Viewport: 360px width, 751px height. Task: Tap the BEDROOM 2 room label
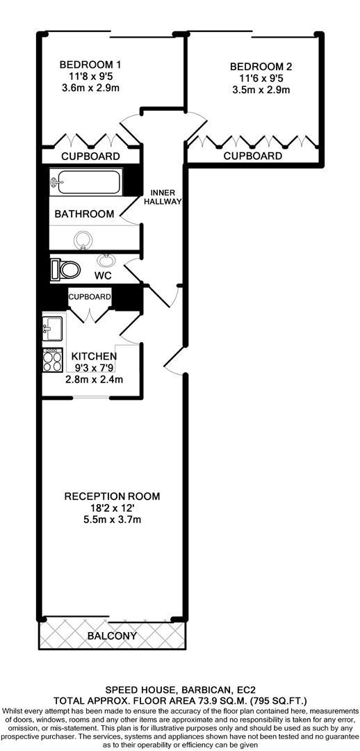coord(261,67)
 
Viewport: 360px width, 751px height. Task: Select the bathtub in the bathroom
coord(85,183)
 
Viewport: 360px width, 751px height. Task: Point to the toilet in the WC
coord(65,269)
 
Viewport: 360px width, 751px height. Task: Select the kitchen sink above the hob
coord(53,326)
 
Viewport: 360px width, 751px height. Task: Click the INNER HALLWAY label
coord(162,197)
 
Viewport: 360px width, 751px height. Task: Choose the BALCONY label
coord(112,636)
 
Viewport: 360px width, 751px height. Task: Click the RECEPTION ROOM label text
coord(112,496)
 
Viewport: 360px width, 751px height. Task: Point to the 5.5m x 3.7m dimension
coord(112,519)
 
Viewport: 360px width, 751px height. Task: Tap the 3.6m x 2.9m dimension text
coord(90,88)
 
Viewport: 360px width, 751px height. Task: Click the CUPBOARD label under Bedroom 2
coord(253,156)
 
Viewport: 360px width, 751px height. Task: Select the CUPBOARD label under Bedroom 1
coord(90,156)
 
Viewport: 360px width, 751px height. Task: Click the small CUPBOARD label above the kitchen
coord(89,297)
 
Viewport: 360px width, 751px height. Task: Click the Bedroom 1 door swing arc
coord(129,129)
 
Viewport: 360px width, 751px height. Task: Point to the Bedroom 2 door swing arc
coord(197,129)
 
